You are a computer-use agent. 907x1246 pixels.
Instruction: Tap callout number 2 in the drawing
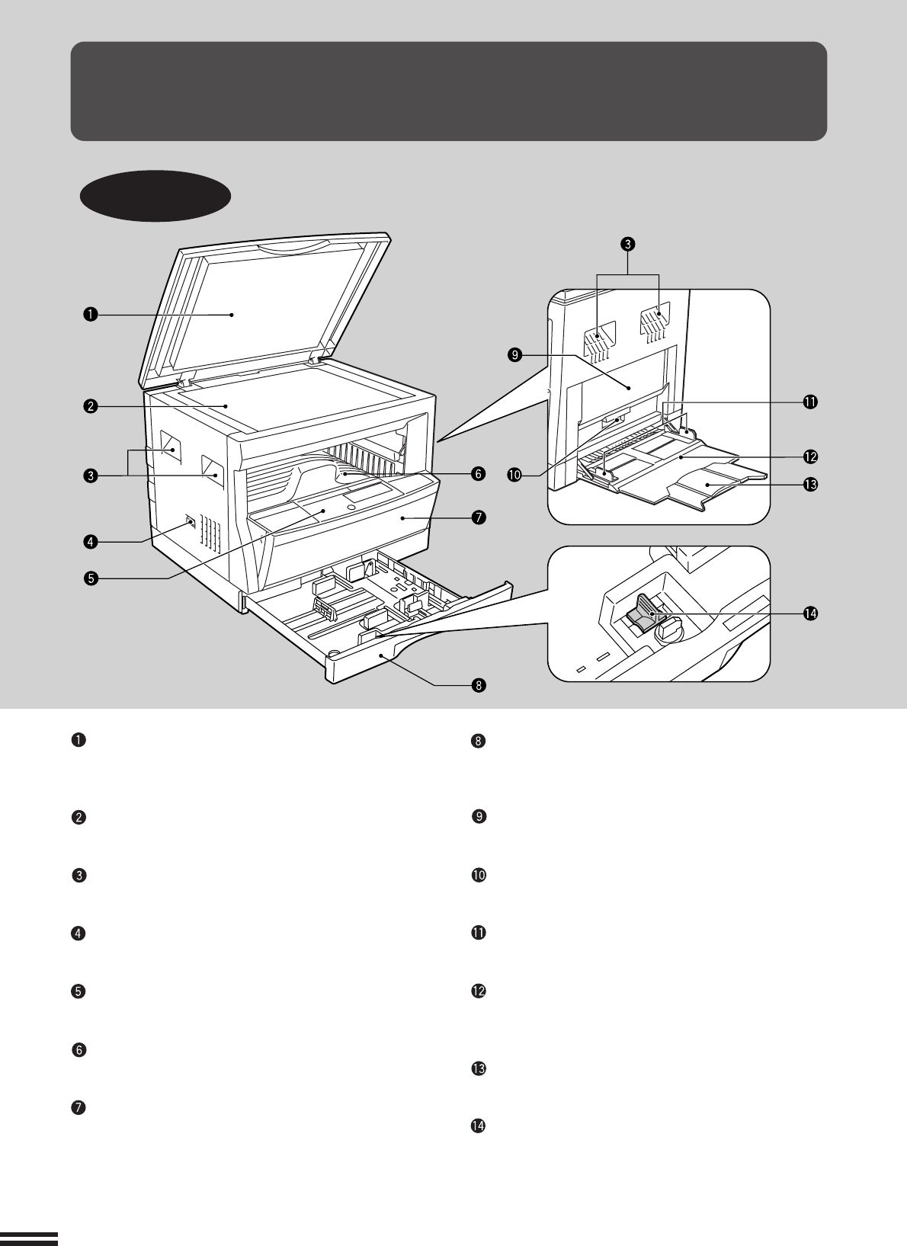pyautogui.click(x=90, y=406)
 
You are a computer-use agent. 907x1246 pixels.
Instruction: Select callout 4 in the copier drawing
pyautogui.click(x=90, y=542)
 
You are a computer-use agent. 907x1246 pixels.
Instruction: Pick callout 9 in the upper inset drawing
pyautogui.click(x=516, y=355)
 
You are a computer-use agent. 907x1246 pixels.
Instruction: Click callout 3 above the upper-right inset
pyautogui.click(x=627, y=244)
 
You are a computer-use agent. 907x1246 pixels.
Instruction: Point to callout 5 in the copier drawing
pyautogui.click(x=90, y=578)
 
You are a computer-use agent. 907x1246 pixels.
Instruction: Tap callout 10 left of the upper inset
pyautogui.click(x=516, y=474)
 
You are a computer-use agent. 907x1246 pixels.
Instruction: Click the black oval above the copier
pyautogui.click(x=155, y=196)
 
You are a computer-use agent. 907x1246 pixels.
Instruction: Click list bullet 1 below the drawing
pyautogui.click(x=78, y=740)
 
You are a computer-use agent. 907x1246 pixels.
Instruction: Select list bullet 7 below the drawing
pyautogui.click(x=78, y=1108)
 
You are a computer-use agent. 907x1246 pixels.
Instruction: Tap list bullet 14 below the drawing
pyautogui.click(x=479, y=1126)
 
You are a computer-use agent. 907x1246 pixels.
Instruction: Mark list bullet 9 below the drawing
pyautogui.click(x=479, y=817)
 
